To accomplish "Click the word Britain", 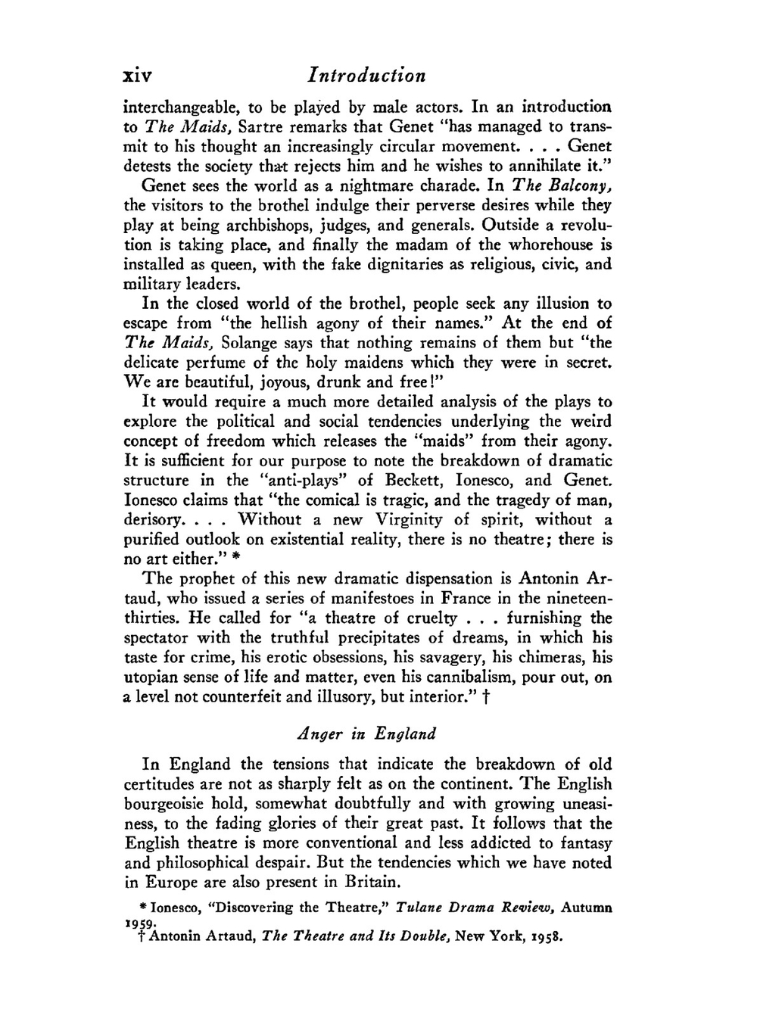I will tap(370, 883).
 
